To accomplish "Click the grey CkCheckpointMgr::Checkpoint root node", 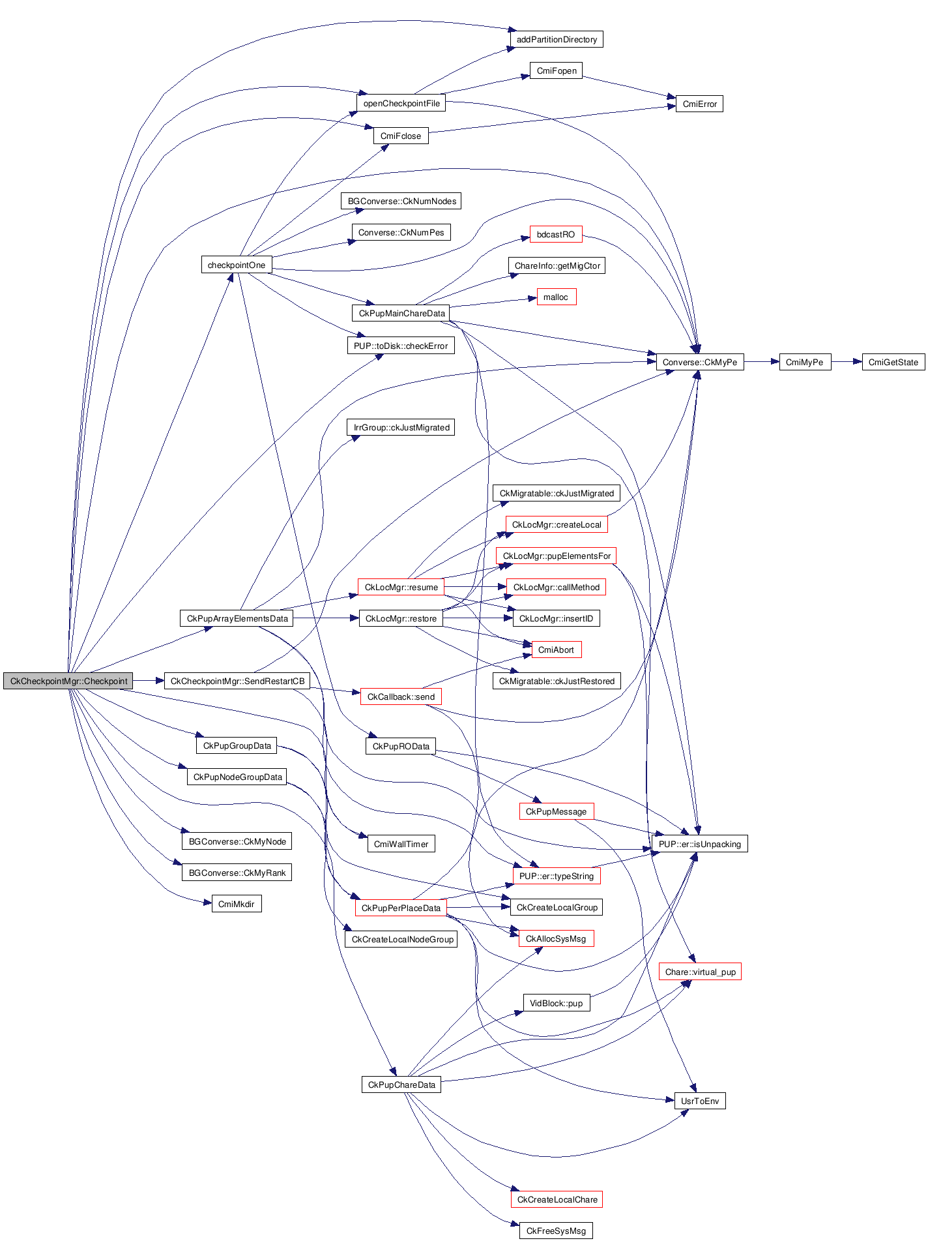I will click(x=68, y=681).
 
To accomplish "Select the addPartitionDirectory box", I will click(x=557, y=39).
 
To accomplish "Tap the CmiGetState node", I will click(x=893, y=362).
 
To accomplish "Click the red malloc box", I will click(x=556, y=297).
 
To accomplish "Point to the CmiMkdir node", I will click(x=237, y=904).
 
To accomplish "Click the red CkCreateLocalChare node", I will click(x=557, y=1199).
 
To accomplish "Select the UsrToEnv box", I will click(x=700, y=1101).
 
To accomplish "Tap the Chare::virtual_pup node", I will click(x=700, y=972).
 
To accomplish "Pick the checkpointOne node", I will click(x=236, y=265).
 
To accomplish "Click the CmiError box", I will click(x=699, y=104).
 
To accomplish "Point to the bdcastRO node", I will click(x=556, y=234).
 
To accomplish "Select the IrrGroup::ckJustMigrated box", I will click(x=401, y=427).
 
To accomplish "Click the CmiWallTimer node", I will click(x=401, y=844).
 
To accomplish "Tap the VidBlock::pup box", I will click(x=556, y=1003).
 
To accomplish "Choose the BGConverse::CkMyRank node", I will click(x=237, y=873).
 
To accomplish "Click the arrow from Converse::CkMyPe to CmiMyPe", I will click(x=761, y=362).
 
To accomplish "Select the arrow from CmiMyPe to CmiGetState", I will click(x=847, y=362).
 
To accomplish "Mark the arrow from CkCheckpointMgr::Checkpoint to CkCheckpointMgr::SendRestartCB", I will click(x=149, y=681).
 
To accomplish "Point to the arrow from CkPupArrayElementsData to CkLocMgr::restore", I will click(x=326, y=618).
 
